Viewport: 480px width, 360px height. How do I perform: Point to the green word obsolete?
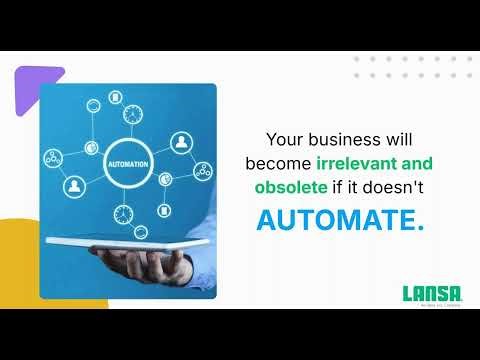[x=292, y=187]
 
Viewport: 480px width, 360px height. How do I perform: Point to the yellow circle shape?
[x=22, y=260]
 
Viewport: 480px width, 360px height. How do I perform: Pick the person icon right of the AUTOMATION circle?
[x=181, y=141]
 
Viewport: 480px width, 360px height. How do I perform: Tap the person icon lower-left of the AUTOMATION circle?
[x=73, y=186]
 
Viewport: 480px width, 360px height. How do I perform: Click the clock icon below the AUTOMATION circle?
[x=124, y=213]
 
